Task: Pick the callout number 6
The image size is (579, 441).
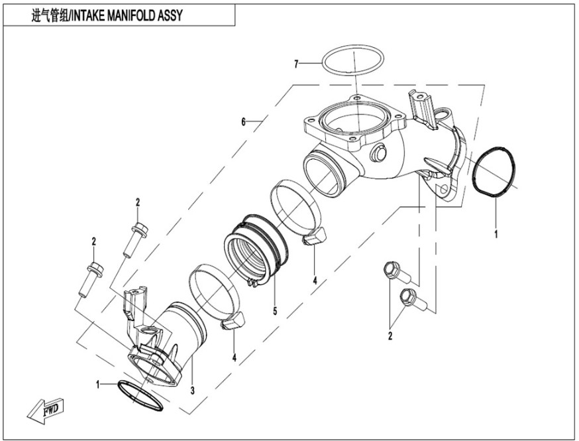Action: tap(243, 122)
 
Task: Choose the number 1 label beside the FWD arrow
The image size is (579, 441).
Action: tap(99, 383)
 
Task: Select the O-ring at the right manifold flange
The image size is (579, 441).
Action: tap(496, 172)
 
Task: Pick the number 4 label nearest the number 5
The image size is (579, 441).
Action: tap(315, 281)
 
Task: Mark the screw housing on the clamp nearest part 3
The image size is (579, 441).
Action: tap(232, 325)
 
